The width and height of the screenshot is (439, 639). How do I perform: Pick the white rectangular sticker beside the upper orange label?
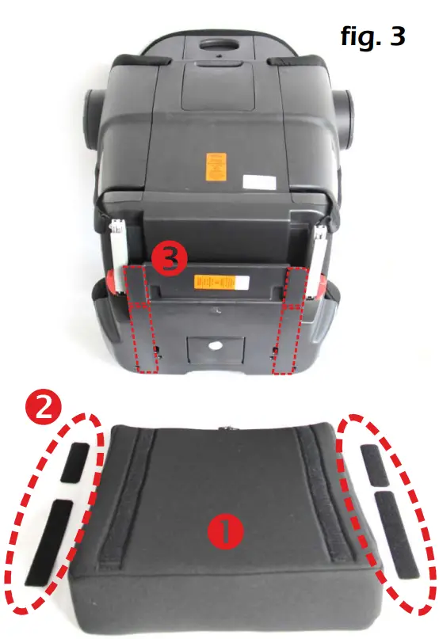(x=256, y=181)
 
